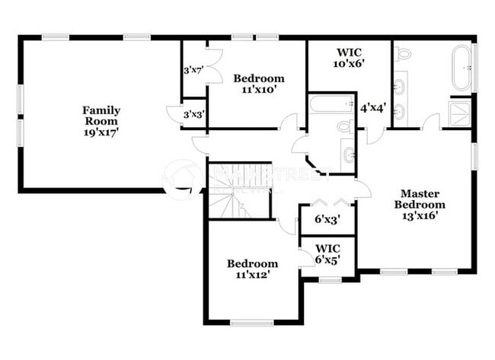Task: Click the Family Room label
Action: pyautogui.click(x=101, y=120)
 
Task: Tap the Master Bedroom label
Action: pyautogui.click(x=420, y=204)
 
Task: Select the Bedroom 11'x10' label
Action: pyautogui.click(x=259, y=83)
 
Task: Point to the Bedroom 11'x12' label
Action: pyautogui.click(x=252, y=269)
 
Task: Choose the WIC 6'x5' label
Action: pyautogui.click(x=327, y=253)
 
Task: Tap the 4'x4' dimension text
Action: pyautogui.click(x=374, y=108)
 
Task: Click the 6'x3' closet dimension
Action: pyautogui.click(x=327, y=219)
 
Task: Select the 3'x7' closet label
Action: pyautogui.click(x=193, y=71)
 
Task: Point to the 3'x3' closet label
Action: pyautogui.click(x=193, y=114)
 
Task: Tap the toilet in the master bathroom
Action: pyautogui.click(x=404, y=54)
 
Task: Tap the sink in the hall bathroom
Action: pyautogui.click(x=348, y=156)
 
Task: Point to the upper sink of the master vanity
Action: pyautogui.click(x=401, y=80)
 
